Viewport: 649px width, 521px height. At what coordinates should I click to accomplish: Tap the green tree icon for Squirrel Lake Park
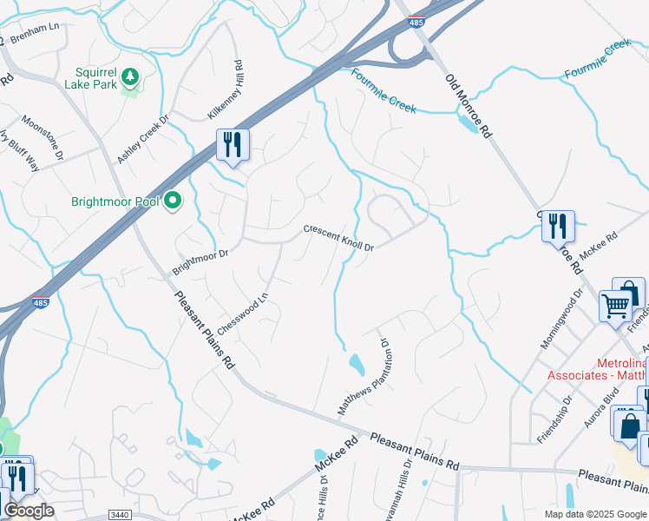(130, 78)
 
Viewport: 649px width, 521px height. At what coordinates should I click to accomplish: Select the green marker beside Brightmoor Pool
(173, 201)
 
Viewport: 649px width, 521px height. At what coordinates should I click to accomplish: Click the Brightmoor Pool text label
(115, 202)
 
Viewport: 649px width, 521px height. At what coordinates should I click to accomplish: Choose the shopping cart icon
(615, 306)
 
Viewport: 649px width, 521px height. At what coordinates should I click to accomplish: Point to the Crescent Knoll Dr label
(338, 239)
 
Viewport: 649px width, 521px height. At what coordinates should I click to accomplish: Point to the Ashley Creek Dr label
(143, 138)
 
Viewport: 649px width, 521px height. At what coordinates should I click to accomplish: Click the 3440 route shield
(121, 514)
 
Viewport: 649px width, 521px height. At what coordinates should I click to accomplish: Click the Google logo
(29, 511)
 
